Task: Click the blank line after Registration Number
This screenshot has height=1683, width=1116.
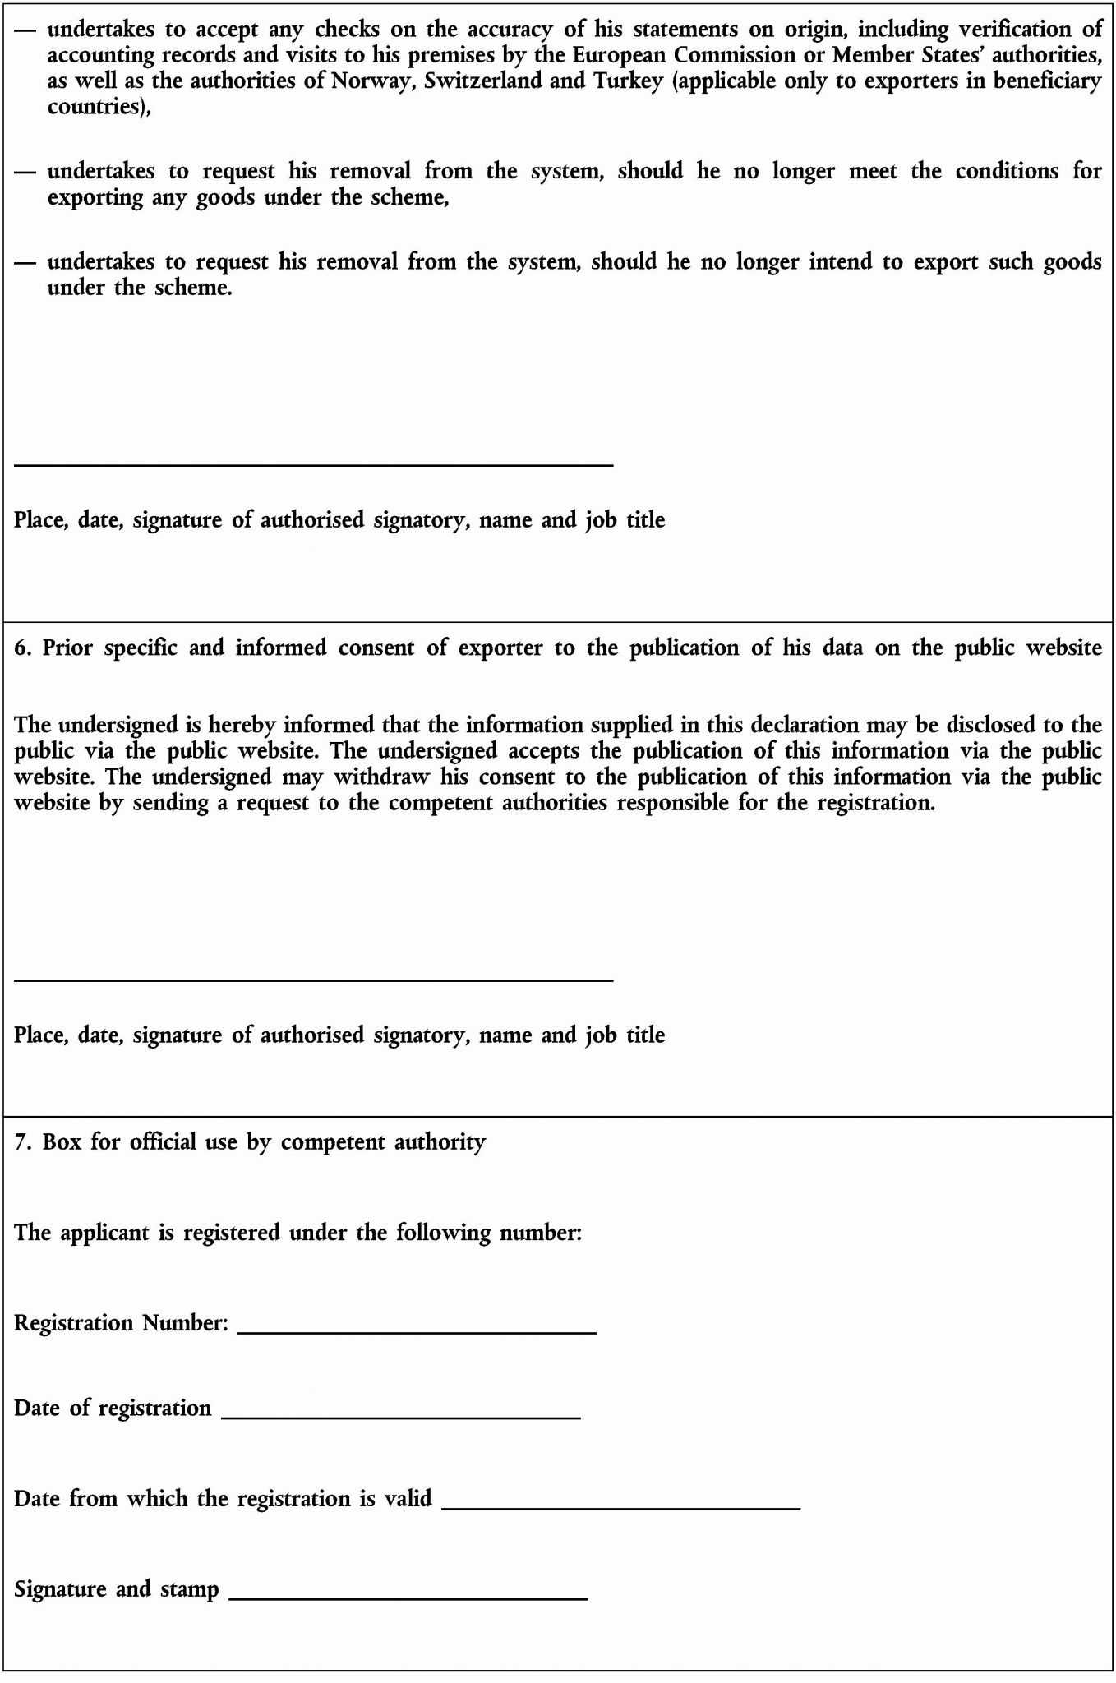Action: pyautogui.click(x=416, y=1332)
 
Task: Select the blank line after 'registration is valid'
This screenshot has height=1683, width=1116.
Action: pyautogui.click(x=620, y=1508)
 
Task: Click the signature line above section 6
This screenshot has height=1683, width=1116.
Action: pyautogui.click(x=313, y=465)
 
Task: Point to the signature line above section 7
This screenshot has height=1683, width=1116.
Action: pyautogui.click(x=313, y=980)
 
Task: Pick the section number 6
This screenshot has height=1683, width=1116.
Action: pyautogui.click(x=22, y=648)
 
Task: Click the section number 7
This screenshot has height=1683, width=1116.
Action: pyautogui.click(x=22, y=1141)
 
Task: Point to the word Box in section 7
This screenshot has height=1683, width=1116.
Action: pyautogui.click(x=62, y=1141)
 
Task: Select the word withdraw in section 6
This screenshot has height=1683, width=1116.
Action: pyautogui.click(x=381, y=777)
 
